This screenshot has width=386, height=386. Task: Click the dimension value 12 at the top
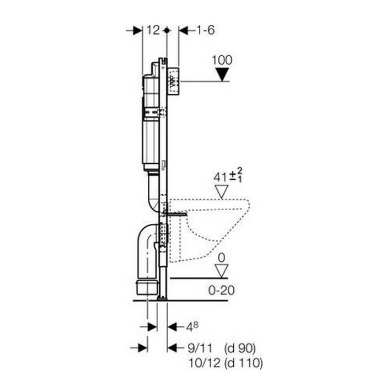click(153, 30)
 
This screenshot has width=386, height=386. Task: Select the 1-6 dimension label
click(205, 30)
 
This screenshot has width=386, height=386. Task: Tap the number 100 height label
click(222, 60)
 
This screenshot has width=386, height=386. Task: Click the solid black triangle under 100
click(222, 74)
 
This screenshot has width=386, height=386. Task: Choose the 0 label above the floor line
click(222, 258)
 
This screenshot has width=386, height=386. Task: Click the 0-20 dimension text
click(221, 291)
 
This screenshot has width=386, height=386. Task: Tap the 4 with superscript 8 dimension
click(192, 326)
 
